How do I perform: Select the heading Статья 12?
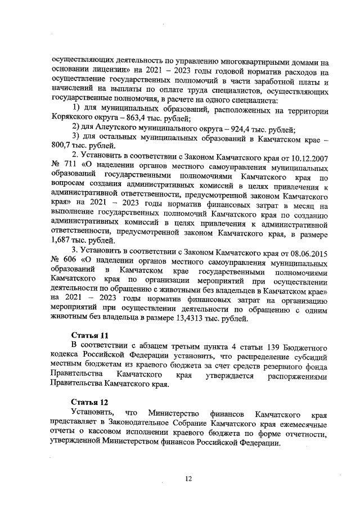(85, 403)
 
